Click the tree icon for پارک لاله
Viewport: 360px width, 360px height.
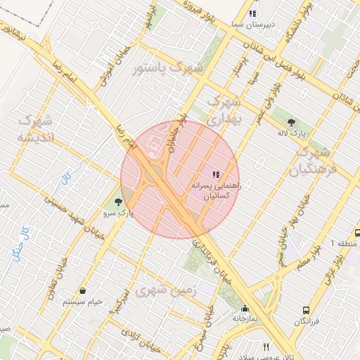pyautogui.click(x=291, y=122)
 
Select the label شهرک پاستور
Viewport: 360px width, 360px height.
pyautogui.click(x=167, y=68)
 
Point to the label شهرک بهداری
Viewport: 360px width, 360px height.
pyautogui.click(x=226, y=111)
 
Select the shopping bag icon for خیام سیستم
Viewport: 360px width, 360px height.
pyautogui.click(x=83, y=290)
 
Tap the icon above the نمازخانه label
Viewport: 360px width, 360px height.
pyautogui.click(x=245, y=308)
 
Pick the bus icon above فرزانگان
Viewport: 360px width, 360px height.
pyautogui.click(x=306, y=309)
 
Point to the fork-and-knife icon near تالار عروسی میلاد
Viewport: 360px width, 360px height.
pyautogui.click(x=266, y=346)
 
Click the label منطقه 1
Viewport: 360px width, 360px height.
pyautogui.click(x=344, y=243)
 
